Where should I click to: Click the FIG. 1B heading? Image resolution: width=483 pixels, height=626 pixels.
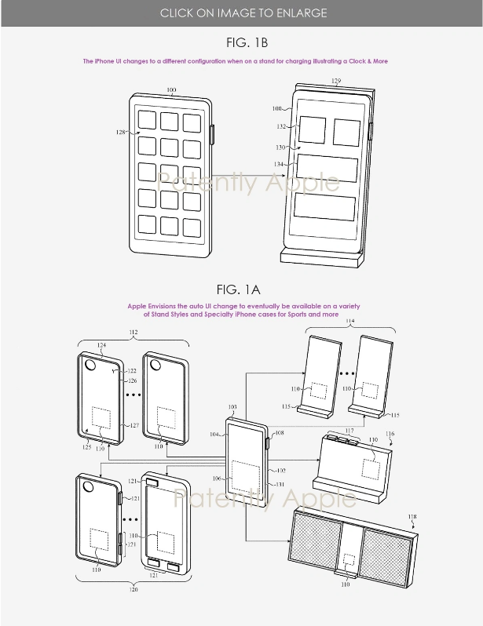pos(241,41)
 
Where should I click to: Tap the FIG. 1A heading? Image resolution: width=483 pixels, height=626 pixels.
pos(241,289)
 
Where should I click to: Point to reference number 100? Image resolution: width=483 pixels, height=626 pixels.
pos(171,89)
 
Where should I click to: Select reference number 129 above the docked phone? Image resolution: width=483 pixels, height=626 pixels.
pos(336,81)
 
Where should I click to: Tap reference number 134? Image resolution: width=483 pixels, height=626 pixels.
pos(280,164)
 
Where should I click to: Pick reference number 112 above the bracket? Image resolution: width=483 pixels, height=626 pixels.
pos(133,332)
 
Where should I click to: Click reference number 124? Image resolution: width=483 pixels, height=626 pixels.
pos(101,345)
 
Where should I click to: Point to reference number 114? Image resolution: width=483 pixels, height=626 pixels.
pos(349,322)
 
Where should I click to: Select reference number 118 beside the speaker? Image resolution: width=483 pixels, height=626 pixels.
pos(413,516)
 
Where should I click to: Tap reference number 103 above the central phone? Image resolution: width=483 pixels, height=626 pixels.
pos(232,409)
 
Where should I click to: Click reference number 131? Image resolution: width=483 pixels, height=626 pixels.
pos(278,484)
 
